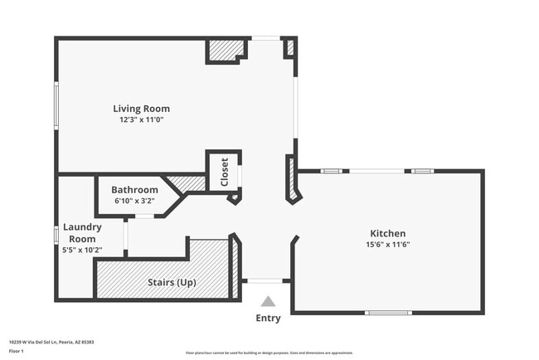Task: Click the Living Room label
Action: tap(142, 109)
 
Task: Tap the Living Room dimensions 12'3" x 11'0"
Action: tap(142, 120)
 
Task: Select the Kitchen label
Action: tap(387, 233)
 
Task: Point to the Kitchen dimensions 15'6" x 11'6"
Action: tap(387, 244)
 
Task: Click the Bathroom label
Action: tap(134, 189)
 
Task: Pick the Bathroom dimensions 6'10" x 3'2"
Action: tap(134, 200)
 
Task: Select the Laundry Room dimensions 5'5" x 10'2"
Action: tap(82, 250)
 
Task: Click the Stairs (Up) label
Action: tap(172, 282)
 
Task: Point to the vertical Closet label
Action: tap(225, 173)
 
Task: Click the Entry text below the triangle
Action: tap(268, 318)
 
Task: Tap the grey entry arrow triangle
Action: tap(268, 302)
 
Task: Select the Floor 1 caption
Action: tap(17, 349)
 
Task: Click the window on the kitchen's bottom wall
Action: tap(388, 313)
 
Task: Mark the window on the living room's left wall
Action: tap(56, 109)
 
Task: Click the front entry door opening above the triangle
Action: tap(265, 280)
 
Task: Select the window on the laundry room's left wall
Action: tap(56, 236)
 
